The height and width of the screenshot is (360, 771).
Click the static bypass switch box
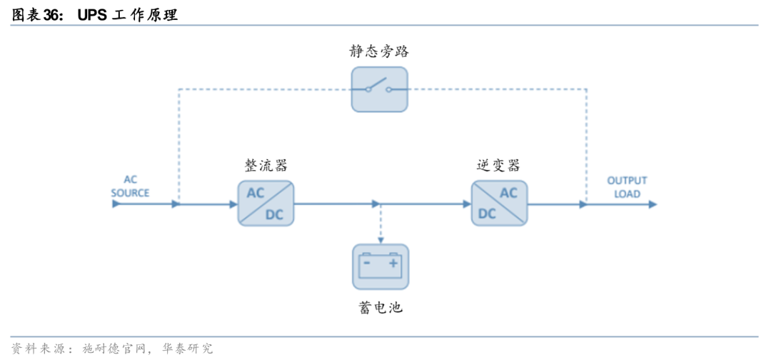(x=379, y=89)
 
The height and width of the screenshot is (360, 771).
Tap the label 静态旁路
(x=379, y=51)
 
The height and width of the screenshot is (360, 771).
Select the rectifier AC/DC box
(x=266, y=204)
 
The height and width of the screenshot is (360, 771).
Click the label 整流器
(x=266, y=166)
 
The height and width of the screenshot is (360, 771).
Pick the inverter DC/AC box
(x=499, y=204)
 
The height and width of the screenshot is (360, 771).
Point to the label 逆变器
(x=498, y=166)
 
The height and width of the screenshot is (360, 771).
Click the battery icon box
(x=380, y=266)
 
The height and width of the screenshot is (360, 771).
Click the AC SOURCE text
(x=130, y=186)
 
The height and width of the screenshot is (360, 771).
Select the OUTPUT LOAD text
(x=627, y=187)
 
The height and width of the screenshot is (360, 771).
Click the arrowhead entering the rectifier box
(x=233, y=204)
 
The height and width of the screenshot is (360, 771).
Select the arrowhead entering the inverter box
(x=466, y=204)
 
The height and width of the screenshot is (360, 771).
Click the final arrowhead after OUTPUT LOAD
(x=652, y=204)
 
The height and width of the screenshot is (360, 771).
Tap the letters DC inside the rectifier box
(x=275, y=214)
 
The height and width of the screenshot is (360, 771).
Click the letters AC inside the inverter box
(x=508, y=193)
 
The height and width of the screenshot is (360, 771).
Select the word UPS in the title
(x=93, y=14)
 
